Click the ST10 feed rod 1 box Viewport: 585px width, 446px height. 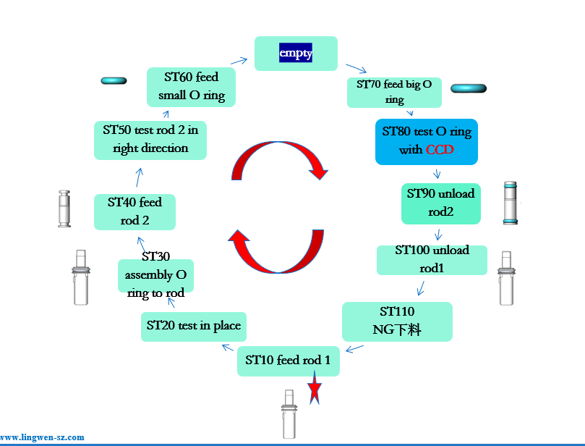point(289,361)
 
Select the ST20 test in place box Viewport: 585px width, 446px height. point(193,327)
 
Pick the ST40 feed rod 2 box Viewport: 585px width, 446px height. point(134,211)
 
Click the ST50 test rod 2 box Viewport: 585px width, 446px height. point(150,140)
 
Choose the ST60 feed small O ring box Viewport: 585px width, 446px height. point(191,86)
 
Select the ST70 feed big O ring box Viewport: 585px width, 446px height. point(394,92)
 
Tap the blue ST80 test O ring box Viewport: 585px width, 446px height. point(427,141)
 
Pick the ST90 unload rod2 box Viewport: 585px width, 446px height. point(440,203)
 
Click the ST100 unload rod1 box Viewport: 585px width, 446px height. point(432,259)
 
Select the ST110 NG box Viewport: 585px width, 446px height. point(397,321)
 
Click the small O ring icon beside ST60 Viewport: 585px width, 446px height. point(114,80)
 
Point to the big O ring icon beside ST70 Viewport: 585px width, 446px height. point(468,88)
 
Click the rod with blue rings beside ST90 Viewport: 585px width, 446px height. point(511,203)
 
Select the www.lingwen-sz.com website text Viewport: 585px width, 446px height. point(42,437)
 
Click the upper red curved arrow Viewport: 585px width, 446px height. point(278,159)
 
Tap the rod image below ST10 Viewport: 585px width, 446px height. point(289,414)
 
